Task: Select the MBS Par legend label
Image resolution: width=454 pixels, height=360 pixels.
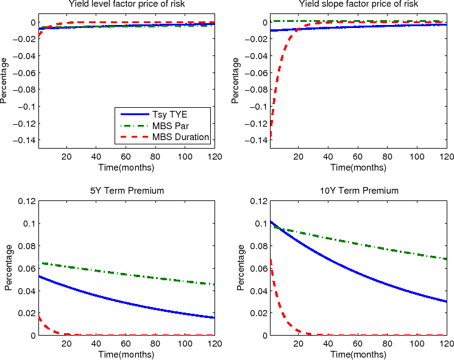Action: tap(170, 126)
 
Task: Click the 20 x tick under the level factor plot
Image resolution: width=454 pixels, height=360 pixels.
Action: tap(66, 157)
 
